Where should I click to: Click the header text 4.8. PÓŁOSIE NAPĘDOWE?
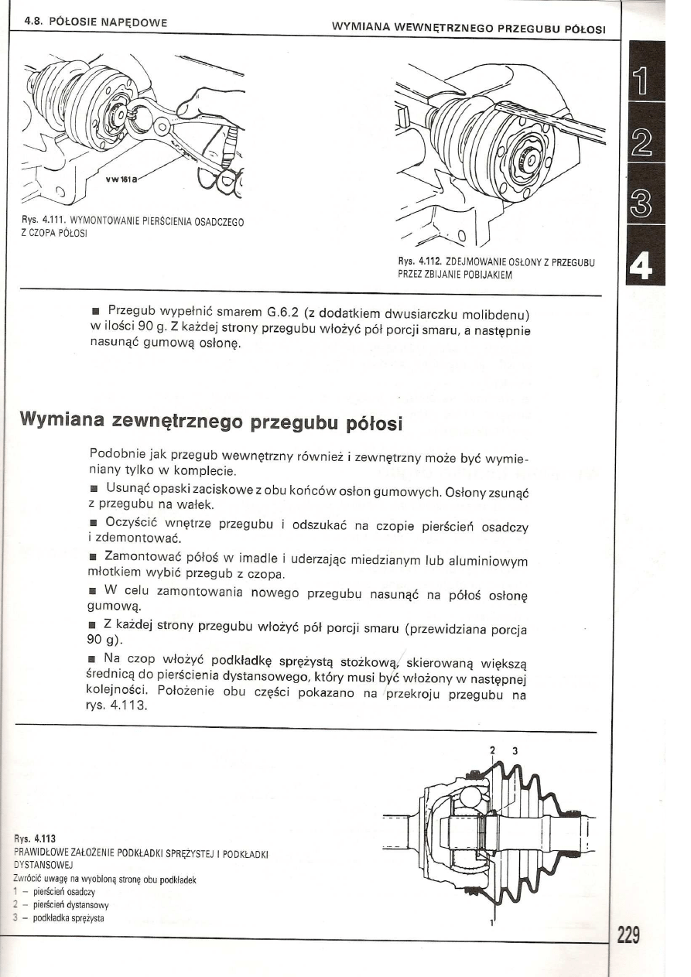(x=97, y=24)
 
